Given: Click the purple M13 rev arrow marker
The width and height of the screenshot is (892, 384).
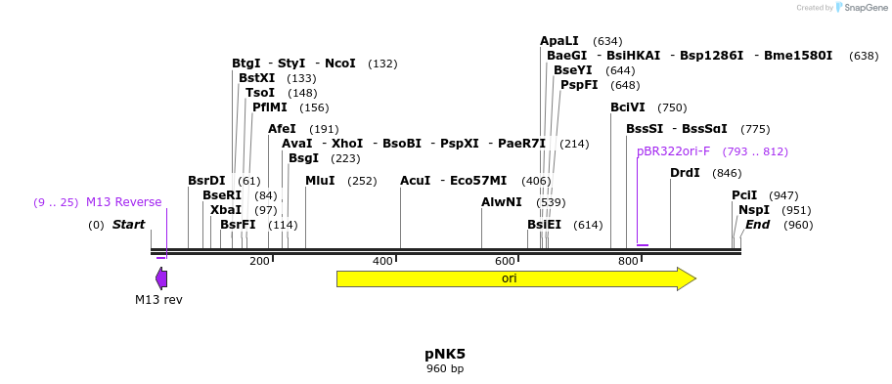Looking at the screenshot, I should tap(161, 278).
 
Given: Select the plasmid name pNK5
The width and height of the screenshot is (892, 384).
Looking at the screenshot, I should tap(445, 354).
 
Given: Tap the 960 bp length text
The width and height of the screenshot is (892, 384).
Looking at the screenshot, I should tap(445, 369).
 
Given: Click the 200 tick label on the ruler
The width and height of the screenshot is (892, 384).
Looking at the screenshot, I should tap(259, 261).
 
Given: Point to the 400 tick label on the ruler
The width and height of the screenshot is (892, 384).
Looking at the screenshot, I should tap(382, 261).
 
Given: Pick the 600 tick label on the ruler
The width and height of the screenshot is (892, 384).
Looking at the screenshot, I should tap(505, 261).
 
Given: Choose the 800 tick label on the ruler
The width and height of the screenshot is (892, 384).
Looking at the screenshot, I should tap(628, 261).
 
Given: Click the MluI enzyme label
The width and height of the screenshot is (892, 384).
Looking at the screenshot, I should tap(320, 181).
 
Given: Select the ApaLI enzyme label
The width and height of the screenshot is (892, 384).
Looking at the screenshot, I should tap(559, 41).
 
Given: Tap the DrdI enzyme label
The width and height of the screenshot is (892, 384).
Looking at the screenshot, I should tap(685, 173).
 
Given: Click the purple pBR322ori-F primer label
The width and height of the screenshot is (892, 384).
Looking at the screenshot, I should tap(673, 151).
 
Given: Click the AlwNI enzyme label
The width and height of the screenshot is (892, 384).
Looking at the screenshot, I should tap(502, 202).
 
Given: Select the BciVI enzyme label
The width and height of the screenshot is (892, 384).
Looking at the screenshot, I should tap(628, 107).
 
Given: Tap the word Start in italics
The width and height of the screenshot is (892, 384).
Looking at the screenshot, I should tap(128, 225).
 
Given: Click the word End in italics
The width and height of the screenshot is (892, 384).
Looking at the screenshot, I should tap(757, 225).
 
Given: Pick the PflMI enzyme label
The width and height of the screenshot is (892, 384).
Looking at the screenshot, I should tap(270, 107).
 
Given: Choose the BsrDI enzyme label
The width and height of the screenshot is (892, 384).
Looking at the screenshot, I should tap(206, 181).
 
